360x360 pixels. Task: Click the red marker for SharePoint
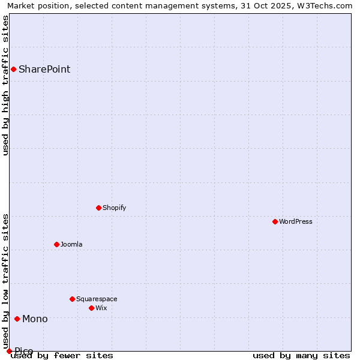coord(13,69)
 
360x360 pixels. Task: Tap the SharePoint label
coord(44,69)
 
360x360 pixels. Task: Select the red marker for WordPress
coord(275,221)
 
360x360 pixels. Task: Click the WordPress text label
coord(296,221)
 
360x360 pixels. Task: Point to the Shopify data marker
coord(98,208)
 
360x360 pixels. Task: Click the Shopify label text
coord(114,208)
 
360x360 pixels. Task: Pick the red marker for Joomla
coord(56,244)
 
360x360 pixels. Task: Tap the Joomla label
coord(71,244)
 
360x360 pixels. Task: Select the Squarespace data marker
coord(72,299)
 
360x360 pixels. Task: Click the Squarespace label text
coord(97,299)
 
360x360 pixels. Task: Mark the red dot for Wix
coord(91,308)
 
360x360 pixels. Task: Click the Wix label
coord(101,308)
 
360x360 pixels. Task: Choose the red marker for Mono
coord(17,319)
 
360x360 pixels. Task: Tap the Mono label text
coord(35,319)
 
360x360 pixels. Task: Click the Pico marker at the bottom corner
coord(9,351)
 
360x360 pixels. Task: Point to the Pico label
coord(24,351)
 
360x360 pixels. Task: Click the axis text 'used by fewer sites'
coord(62,356)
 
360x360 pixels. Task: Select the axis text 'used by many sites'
coord(301,356)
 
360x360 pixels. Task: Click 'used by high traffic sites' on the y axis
coord(5,85)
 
